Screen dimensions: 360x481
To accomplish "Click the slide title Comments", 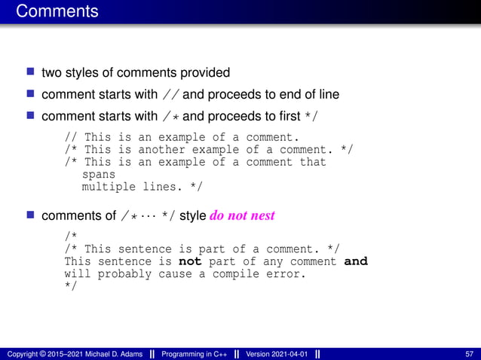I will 57,11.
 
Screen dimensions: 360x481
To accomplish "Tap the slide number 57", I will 470,353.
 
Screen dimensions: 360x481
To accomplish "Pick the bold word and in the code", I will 355,261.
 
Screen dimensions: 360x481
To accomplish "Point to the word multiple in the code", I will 108,186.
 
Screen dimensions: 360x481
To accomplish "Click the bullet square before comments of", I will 31,215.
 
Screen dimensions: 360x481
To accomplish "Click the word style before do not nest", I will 194,215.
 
